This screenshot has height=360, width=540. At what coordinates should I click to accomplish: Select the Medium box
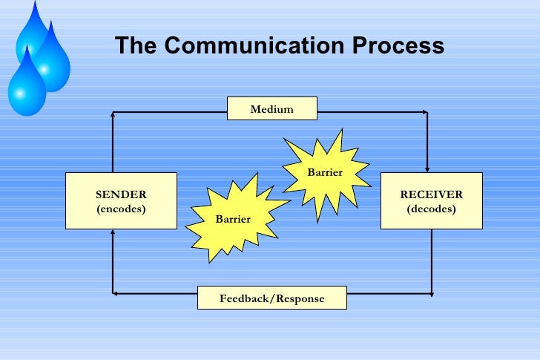(271, 109)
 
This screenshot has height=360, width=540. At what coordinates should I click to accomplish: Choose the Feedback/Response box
(271, 298)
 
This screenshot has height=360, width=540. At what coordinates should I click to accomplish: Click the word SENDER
(121, 194)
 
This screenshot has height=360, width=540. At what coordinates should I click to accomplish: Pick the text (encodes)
(121, 209)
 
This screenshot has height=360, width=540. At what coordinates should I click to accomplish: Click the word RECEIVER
(431, 194)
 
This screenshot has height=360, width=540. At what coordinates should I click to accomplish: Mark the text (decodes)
(431, 209)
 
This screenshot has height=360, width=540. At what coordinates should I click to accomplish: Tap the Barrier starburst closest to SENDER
(234, 217)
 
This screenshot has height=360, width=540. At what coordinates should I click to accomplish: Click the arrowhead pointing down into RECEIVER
(427, 168)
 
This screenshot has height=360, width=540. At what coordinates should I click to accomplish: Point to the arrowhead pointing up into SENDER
(113, 233)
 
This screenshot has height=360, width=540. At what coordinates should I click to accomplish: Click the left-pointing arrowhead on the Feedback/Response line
(116, 294)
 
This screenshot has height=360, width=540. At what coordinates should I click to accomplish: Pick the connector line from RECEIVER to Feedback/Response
(432, 260)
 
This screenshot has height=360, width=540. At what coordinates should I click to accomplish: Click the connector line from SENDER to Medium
(113, 141)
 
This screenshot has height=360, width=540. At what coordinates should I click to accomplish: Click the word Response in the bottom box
(300, 298)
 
